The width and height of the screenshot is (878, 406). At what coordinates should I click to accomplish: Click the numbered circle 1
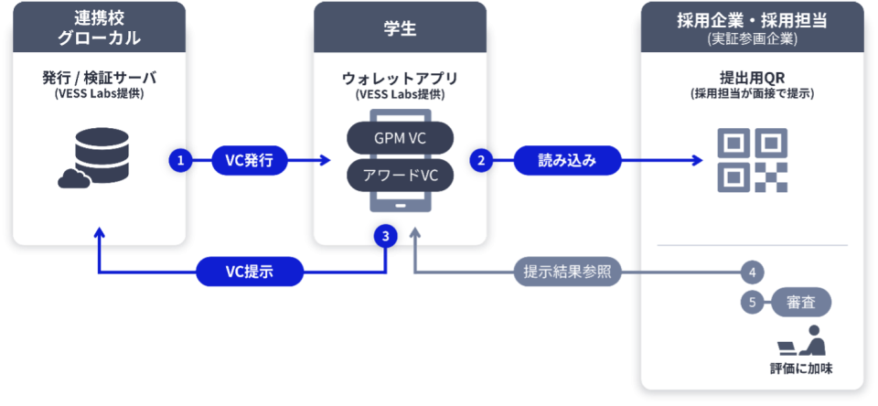tap(180, 160)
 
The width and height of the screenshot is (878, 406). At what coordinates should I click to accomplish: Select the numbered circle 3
tap(386, 236)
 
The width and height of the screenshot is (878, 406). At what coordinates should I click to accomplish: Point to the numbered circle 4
tap(752, 272)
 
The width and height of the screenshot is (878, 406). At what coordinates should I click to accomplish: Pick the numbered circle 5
tap(752, 303)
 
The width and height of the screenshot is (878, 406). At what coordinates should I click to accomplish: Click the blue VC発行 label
tap(250, 160)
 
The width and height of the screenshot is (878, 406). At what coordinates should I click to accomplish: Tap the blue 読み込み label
tap(567, 160)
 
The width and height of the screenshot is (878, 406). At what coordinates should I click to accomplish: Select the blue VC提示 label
tap(250, 272)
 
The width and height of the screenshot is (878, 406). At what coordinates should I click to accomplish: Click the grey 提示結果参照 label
tap(567, 272)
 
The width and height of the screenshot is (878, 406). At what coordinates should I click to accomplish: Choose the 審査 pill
tap(801, 303)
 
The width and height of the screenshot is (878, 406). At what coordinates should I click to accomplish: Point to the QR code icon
tap(752, 160)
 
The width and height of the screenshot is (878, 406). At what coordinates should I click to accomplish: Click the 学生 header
tap(399, 30)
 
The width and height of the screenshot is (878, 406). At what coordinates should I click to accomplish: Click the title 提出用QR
tap(752, 78)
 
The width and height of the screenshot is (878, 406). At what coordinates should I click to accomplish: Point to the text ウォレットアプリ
tap(398, 78)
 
